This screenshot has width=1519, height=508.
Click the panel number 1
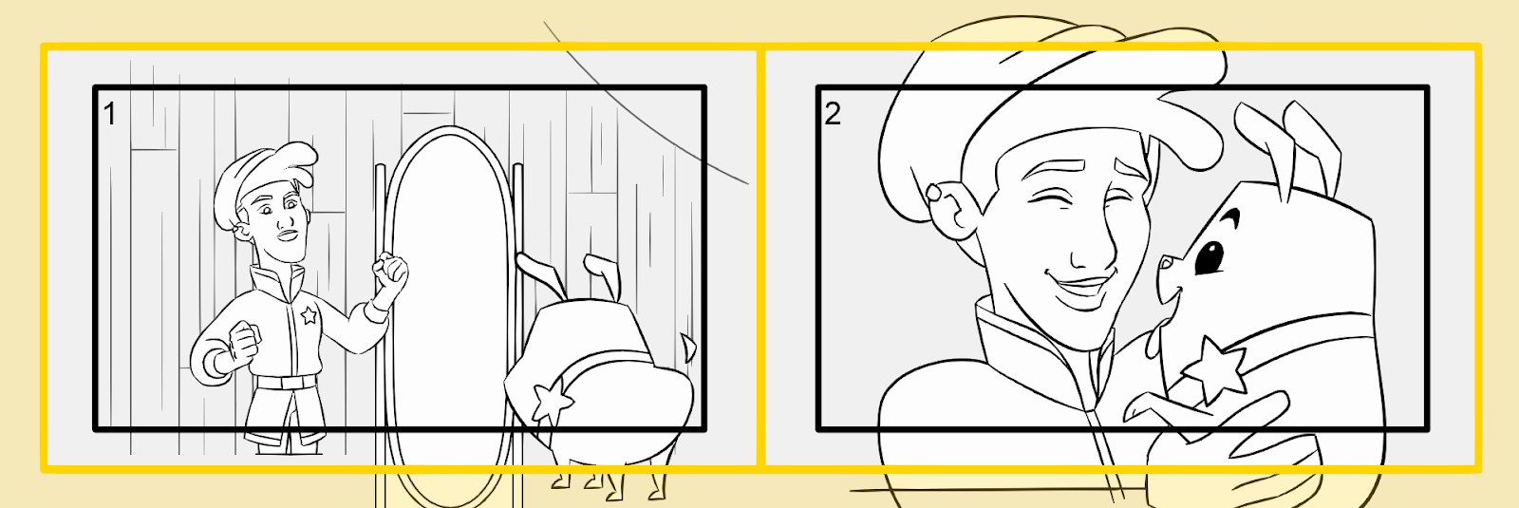[110, 113]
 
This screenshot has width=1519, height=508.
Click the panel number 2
[832, 113]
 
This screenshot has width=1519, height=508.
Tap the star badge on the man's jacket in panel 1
[309, 314]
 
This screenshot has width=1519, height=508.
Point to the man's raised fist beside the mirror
[390, 272]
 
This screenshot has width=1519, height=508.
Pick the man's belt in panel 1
[286, 382]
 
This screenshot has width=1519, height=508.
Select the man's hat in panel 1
[261, 178]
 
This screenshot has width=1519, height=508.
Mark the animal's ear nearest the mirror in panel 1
[539, 273]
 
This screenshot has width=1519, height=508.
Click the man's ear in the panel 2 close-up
[953, 207]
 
